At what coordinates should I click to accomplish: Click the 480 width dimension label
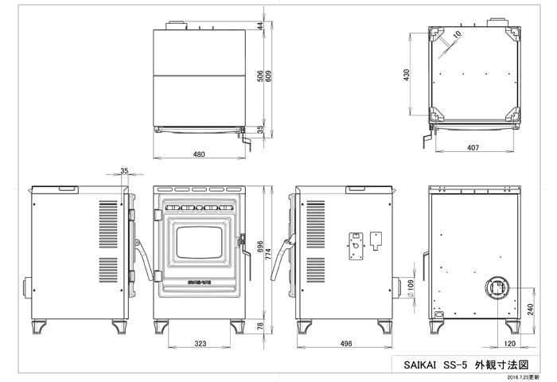(199, 154)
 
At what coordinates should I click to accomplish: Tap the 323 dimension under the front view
(201, 344)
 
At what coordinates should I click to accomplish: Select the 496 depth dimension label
(346, 344)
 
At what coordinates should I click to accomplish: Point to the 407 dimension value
(473, 147)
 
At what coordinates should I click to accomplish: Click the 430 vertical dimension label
(407, 75)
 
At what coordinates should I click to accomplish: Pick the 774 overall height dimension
(268, 254)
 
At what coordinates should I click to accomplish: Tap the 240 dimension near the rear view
(531, 309)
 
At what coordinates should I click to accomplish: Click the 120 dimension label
(509, 344)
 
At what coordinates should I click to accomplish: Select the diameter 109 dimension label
(411, 288)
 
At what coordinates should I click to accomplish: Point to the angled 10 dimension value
(458, 34)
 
